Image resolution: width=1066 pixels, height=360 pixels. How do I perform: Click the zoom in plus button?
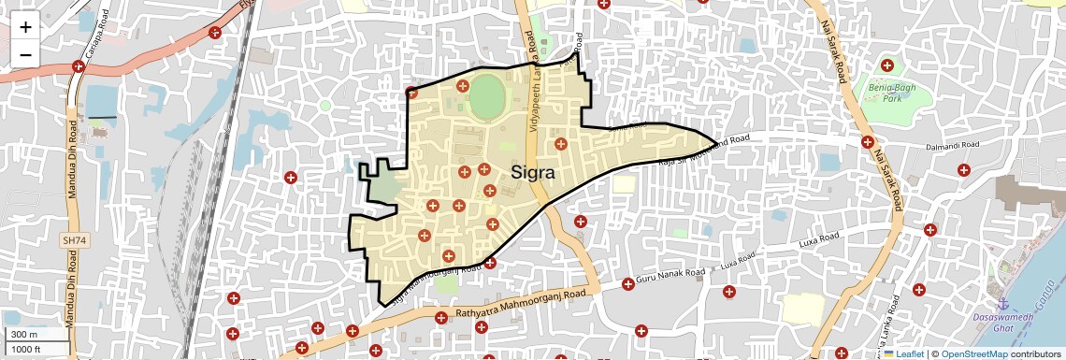[25, 27]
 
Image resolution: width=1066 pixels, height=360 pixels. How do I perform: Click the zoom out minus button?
[25, 54]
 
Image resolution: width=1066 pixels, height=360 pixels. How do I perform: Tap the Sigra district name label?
[533, 173]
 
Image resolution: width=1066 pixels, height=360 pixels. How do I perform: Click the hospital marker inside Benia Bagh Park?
[887, 65]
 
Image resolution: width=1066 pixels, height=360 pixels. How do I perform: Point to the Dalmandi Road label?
[952, 146]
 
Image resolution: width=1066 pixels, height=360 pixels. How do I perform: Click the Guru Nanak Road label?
[670, 278]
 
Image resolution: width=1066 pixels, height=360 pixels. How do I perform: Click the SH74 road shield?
[72, 240]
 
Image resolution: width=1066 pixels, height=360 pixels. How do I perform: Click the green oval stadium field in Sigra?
[485, 97]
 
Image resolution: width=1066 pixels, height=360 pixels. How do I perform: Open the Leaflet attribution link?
[903, 353]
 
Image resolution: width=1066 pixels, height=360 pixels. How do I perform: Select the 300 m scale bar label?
[24, 334]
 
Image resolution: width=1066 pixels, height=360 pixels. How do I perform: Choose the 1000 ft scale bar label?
[27, 349]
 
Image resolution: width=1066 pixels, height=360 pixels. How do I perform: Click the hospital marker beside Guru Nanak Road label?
[628, 283]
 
